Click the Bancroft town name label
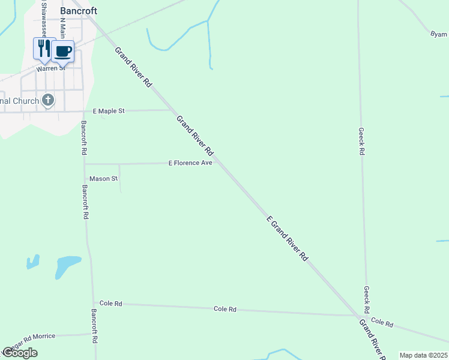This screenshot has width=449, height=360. (x=79, y=11)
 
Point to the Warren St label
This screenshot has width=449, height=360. (x=50, y=68)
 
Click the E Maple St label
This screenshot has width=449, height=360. (x=109, y=111)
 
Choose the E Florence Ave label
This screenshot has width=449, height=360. (x=190, y=163)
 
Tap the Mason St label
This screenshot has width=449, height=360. (x=103, y=179)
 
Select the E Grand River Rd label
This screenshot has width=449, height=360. (x=287, y=238)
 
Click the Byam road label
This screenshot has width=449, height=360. (x=439, y=34)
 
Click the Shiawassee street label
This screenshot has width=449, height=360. (x=43, y=18)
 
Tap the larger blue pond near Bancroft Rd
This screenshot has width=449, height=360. (x=67, y=266)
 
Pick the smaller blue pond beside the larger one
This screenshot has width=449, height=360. (x=32, y=262)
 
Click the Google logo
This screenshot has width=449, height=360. (x=20, y=353)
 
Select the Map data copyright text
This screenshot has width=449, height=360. (x=423, y=355)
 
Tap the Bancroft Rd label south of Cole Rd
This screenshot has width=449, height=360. (x=94, y=326)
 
